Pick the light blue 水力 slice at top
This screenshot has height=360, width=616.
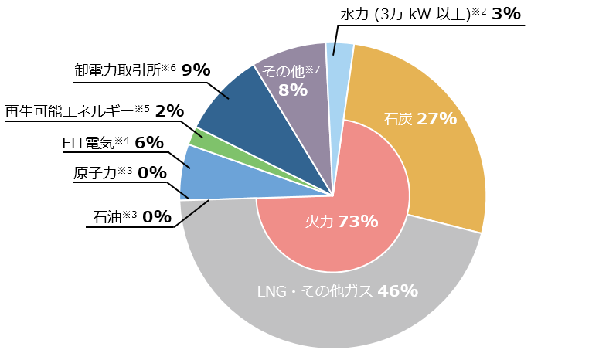(x=340, y=58)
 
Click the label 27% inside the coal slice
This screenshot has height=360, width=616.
(x=437, y=119)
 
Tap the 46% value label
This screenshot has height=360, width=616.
(x=398, y=291)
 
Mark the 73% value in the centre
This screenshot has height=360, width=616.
(x=358, y=222)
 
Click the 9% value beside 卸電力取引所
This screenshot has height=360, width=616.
(x=196, y=70)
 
